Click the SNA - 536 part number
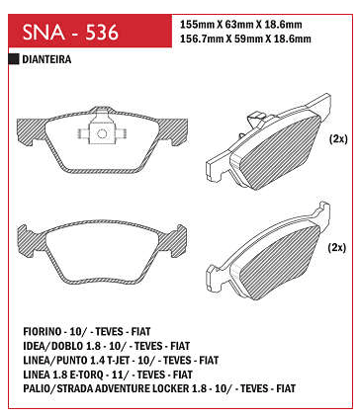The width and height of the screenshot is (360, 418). pos(70,33)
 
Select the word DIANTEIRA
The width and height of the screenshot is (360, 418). pos(46,59)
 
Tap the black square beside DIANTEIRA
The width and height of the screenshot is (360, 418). pos(14,59)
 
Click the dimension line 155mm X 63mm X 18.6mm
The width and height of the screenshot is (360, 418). pos(241,25)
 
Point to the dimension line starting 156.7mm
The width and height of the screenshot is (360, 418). pos(245,39)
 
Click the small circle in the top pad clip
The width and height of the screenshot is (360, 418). pos(102,133)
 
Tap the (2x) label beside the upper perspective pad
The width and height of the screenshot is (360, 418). pos(338,139)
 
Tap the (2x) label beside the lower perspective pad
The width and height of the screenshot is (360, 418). pos(337,247)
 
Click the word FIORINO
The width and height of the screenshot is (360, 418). pos(43,331)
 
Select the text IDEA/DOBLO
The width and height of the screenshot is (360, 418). pos(49,346)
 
